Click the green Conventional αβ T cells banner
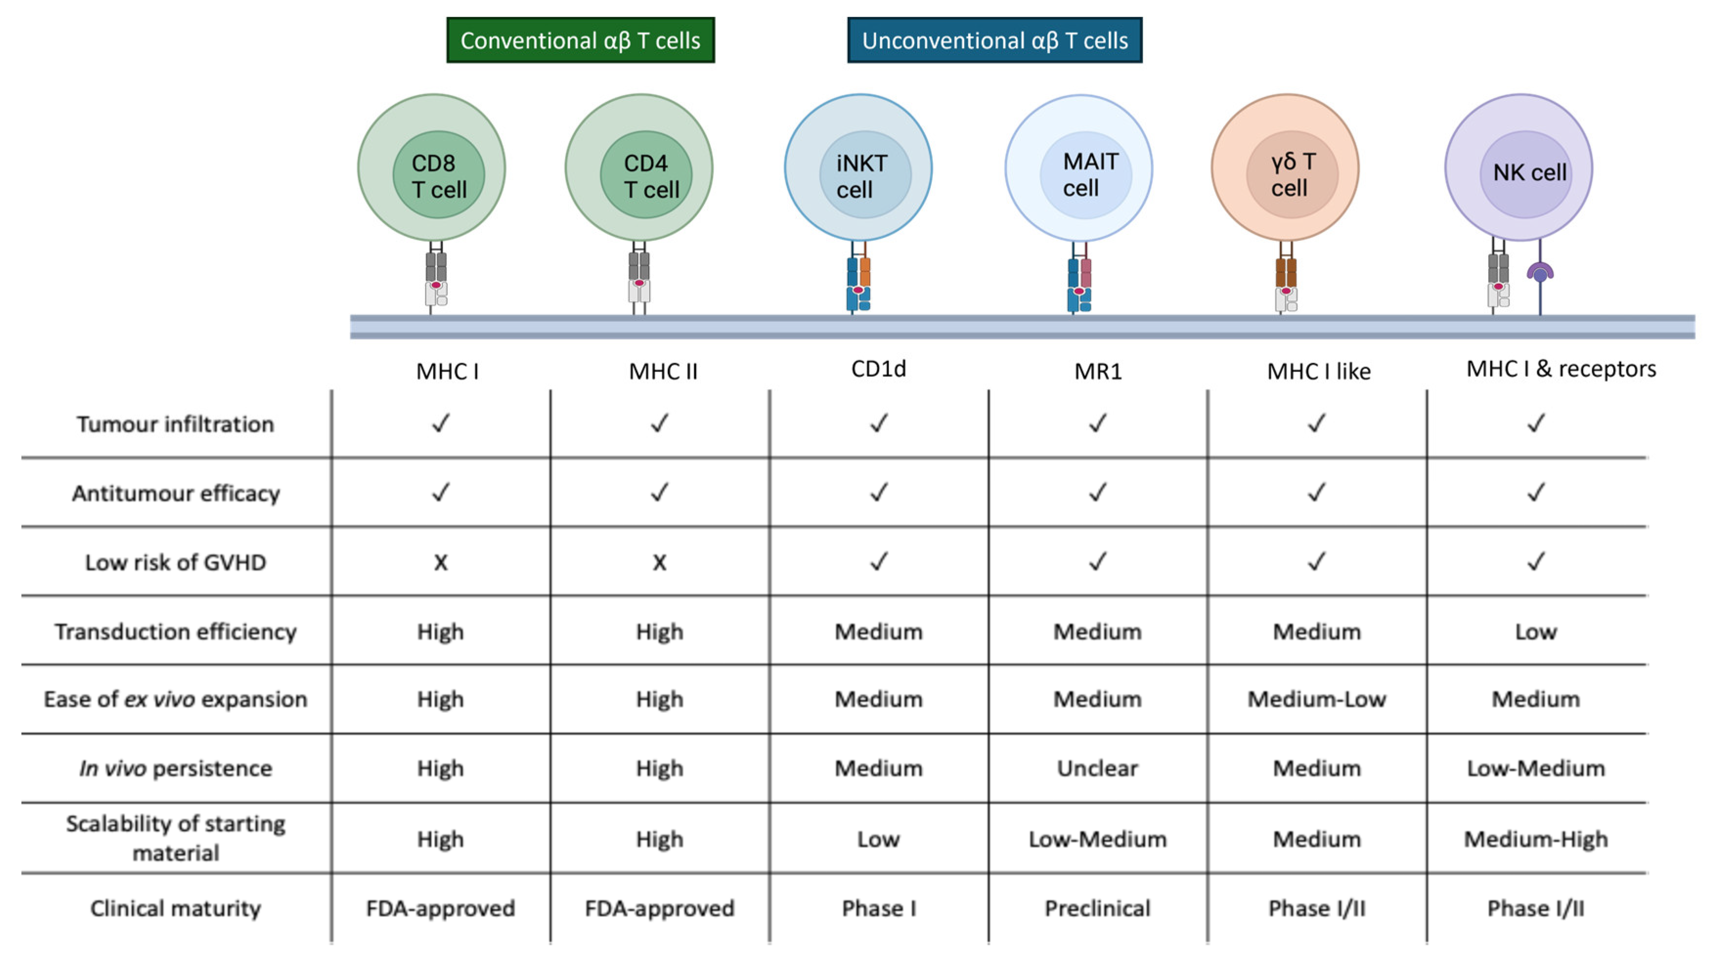tap(580, 41)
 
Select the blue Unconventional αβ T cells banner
tap(994, 41)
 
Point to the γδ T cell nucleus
tap(1292, 174)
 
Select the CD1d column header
tap(878, 369)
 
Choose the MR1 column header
tap(1098, 371)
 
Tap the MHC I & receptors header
tap(1561, 369)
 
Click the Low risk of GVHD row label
tap(176, 562)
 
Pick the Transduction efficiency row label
tap(176, 631)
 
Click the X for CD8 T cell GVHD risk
tap(440, 563)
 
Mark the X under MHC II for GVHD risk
tap(659, 563)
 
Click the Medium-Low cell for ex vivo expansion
tap(1316, 699)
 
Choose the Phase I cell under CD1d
tap(878, 908)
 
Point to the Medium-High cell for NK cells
tap(1536, 839)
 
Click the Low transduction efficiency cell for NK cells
tap(1536, 631)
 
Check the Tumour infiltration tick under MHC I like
tap(1316, 424)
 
